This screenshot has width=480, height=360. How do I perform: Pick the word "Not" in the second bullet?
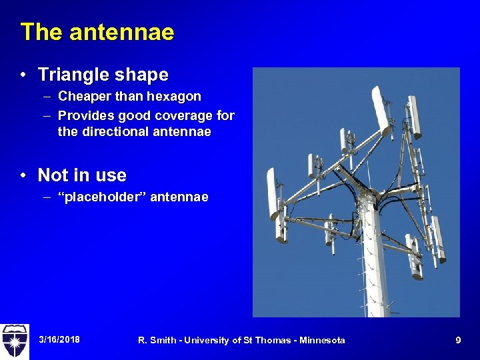coord(51,175)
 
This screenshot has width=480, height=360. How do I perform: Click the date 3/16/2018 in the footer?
coord(59,340)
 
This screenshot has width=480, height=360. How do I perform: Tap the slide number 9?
coord(458,340)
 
